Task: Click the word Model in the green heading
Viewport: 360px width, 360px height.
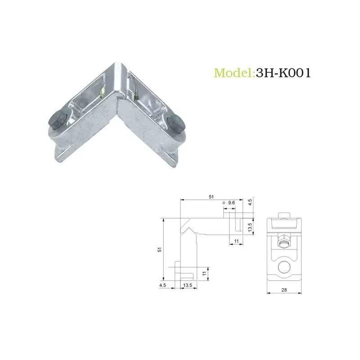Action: pyautogui.click(x=234, y=73)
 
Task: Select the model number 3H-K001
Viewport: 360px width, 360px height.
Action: pyautogui.click(x=283, y=73)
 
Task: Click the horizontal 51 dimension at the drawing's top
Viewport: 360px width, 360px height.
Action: pyautogui.click(x=211, y=197)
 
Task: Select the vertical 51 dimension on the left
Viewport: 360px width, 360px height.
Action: pyautogui.click(x=159, y=250)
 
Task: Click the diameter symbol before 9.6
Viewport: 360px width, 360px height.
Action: pyautogui.click(x=224, y=203)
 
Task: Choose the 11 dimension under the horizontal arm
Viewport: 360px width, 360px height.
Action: pyautogui.click(x=236, y=242)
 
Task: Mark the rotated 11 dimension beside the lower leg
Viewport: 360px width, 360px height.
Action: pyautogui.click(x=203, y=273)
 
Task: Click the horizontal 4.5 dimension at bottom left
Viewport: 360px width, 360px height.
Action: pyautogui.click(x=162, y=285)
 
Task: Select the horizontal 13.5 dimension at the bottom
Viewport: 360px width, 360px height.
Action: pyautogui.click(x=188, y=285)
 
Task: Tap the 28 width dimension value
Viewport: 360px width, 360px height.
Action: pyautogui.click(x=283, y=290)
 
